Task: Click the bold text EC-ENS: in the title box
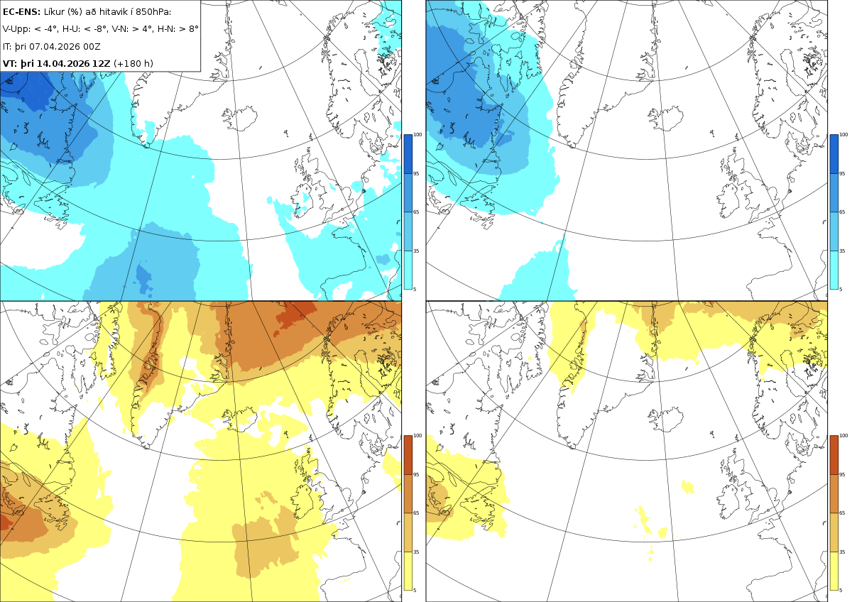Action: (21, 12)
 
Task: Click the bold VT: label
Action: (10, 63)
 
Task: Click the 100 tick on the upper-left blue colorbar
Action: (417, 135)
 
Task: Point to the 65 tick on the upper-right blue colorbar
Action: (842, 212)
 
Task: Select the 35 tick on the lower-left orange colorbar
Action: (416, 552)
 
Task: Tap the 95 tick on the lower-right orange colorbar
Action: (842, 475)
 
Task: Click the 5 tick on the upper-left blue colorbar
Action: (415, 290)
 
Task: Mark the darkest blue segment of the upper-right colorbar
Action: (834, 154)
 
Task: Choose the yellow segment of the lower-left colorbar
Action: (408, 571)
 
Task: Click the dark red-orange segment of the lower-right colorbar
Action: (834, 455)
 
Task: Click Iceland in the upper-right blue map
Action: (667, 119)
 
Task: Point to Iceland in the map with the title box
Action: (241, 119)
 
